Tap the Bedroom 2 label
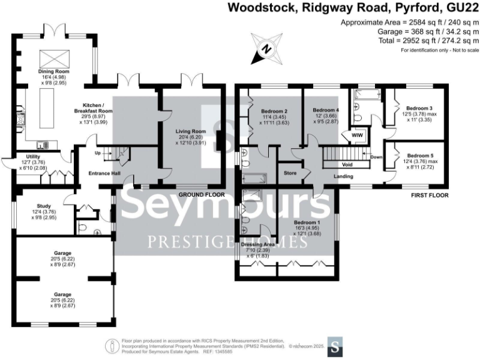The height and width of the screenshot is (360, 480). [x=273, y=111]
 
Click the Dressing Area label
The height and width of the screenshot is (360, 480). [x=257, y=244]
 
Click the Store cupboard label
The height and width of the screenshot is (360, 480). [x=290, y=172]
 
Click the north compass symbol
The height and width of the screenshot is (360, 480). [x=267, y=48]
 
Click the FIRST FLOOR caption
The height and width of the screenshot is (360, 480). [x=431, y=195]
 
